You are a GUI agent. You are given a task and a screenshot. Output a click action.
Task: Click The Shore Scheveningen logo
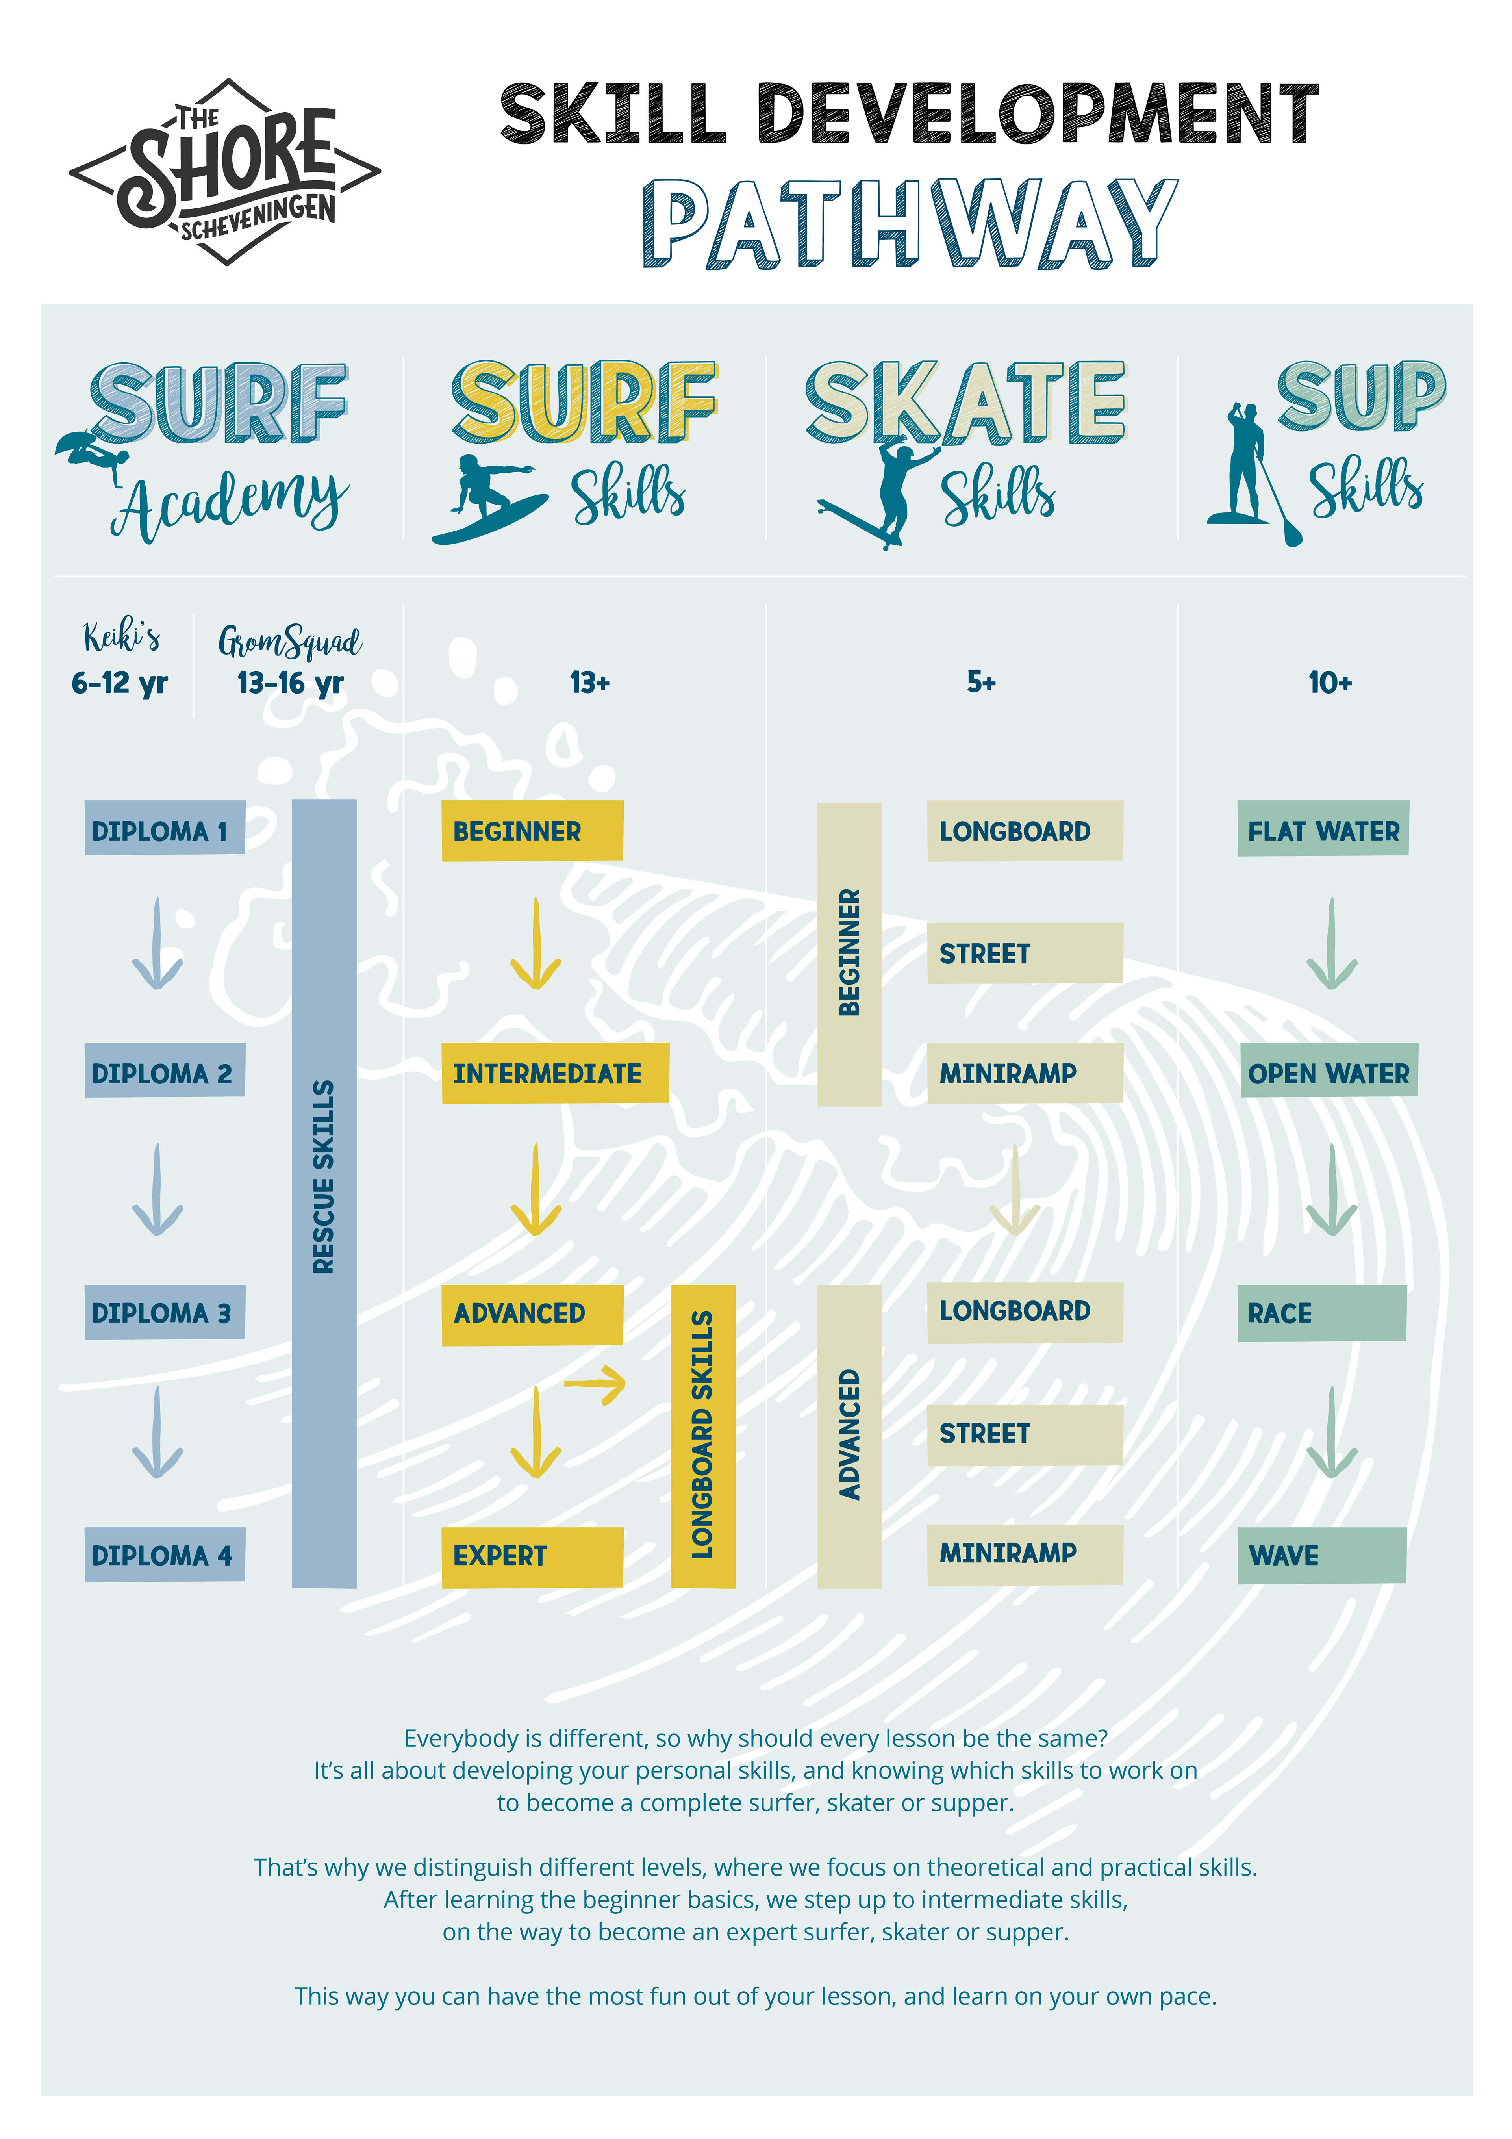coord(224,173)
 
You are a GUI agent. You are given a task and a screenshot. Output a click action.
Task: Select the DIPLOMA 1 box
coord(164,828)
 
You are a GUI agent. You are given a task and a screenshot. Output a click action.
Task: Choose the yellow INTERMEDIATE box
coord(554,1073)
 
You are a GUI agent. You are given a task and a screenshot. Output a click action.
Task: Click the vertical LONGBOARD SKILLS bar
coord(702,1436)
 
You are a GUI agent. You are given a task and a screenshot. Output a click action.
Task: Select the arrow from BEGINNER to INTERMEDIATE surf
coord(535,944)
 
